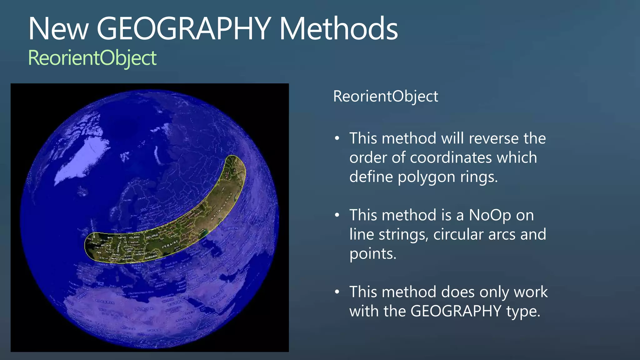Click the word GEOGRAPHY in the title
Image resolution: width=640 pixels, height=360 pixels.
[x=184, y=29]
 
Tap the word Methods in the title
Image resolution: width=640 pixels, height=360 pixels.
[x=338, y=29]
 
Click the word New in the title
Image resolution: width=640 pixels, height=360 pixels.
[x=58, y=29]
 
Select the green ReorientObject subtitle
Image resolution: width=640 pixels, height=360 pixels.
[x=92, y=58]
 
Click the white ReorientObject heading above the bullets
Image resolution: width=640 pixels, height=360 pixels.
[x=386, y=96]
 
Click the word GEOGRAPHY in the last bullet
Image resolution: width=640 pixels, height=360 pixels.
[x=456, y=311]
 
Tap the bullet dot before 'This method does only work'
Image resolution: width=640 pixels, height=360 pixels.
[x=337, y=292]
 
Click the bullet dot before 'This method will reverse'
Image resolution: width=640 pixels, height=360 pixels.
[x=337, y=138]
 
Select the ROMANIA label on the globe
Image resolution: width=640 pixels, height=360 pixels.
[x=151, y=257]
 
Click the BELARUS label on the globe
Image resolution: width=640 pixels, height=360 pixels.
[x=152, y=235]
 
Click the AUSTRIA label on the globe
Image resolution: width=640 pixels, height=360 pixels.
[x=127, y=259]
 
